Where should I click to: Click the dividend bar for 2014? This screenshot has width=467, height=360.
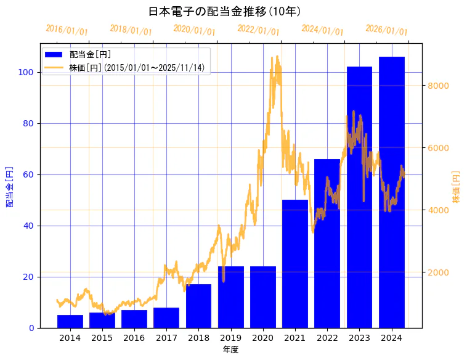click(70, 321)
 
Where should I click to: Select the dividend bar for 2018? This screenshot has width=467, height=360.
click(198, 306)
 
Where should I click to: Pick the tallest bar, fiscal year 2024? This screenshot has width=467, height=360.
click(392, 192)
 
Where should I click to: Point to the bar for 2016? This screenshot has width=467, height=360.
click(134, 319)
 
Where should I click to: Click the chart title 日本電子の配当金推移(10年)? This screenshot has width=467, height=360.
click(224, 12)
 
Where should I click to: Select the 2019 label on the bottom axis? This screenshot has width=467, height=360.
click(230, 338)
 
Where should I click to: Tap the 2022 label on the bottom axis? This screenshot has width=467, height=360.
click(327, 338)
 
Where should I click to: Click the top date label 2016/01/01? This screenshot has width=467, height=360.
click(67, 30)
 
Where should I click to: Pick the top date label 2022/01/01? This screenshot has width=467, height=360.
click(258, 30)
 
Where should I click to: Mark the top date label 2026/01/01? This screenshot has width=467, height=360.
click(386, 30)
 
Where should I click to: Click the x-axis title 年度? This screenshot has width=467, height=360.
click(230, 350)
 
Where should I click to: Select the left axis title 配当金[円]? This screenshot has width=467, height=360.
click(9, 186)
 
